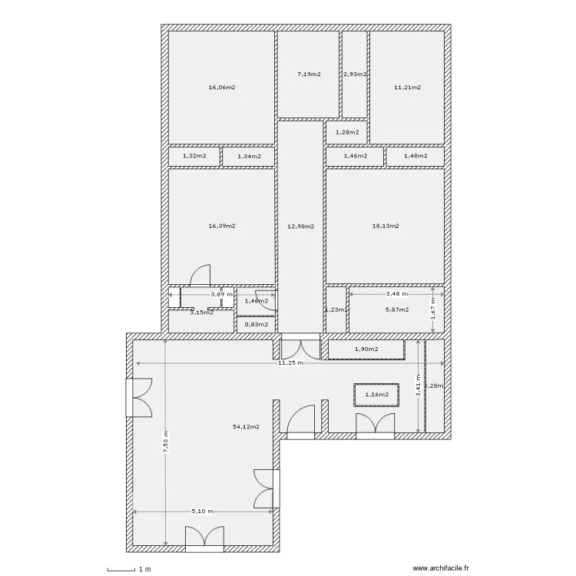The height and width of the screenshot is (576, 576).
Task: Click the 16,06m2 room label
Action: click(x=221, y=88)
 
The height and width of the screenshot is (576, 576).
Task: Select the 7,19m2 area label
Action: click(x=308, y=74)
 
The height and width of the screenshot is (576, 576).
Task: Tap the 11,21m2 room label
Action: click(x=407, y=88)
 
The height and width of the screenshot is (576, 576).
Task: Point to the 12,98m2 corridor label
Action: click(x=300, y=227)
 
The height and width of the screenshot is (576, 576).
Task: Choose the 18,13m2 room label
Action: click(x=385, y=227)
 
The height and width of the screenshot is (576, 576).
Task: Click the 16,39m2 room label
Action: click(x=221, y=227)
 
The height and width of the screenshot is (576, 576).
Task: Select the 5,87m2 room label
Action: click(x=396, y=310)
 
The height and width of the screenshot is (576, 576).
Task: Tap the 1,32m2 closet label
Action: click(x=194, y=156)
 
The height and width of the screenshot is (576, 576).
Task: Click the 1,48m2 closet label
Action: click(x=415, y=156)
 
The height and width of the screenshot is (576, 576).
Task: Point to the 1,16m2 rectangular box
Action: click(x=376, y=395)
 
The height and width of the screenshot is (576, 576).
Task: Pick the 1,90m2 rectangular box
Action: click(x=366, y=350)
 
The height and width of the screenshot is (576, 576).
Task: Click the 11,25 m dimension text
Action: click(x=291, y=362)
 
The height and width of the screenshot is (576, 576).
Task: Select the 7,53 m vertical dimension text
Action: click(x=166, y=445)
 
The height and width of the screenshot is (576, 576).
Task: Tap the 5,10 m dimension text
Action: click(x=202, y=511)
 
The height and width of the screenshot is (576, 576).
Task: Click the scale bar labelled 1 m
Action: click(x=127, y=569)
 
